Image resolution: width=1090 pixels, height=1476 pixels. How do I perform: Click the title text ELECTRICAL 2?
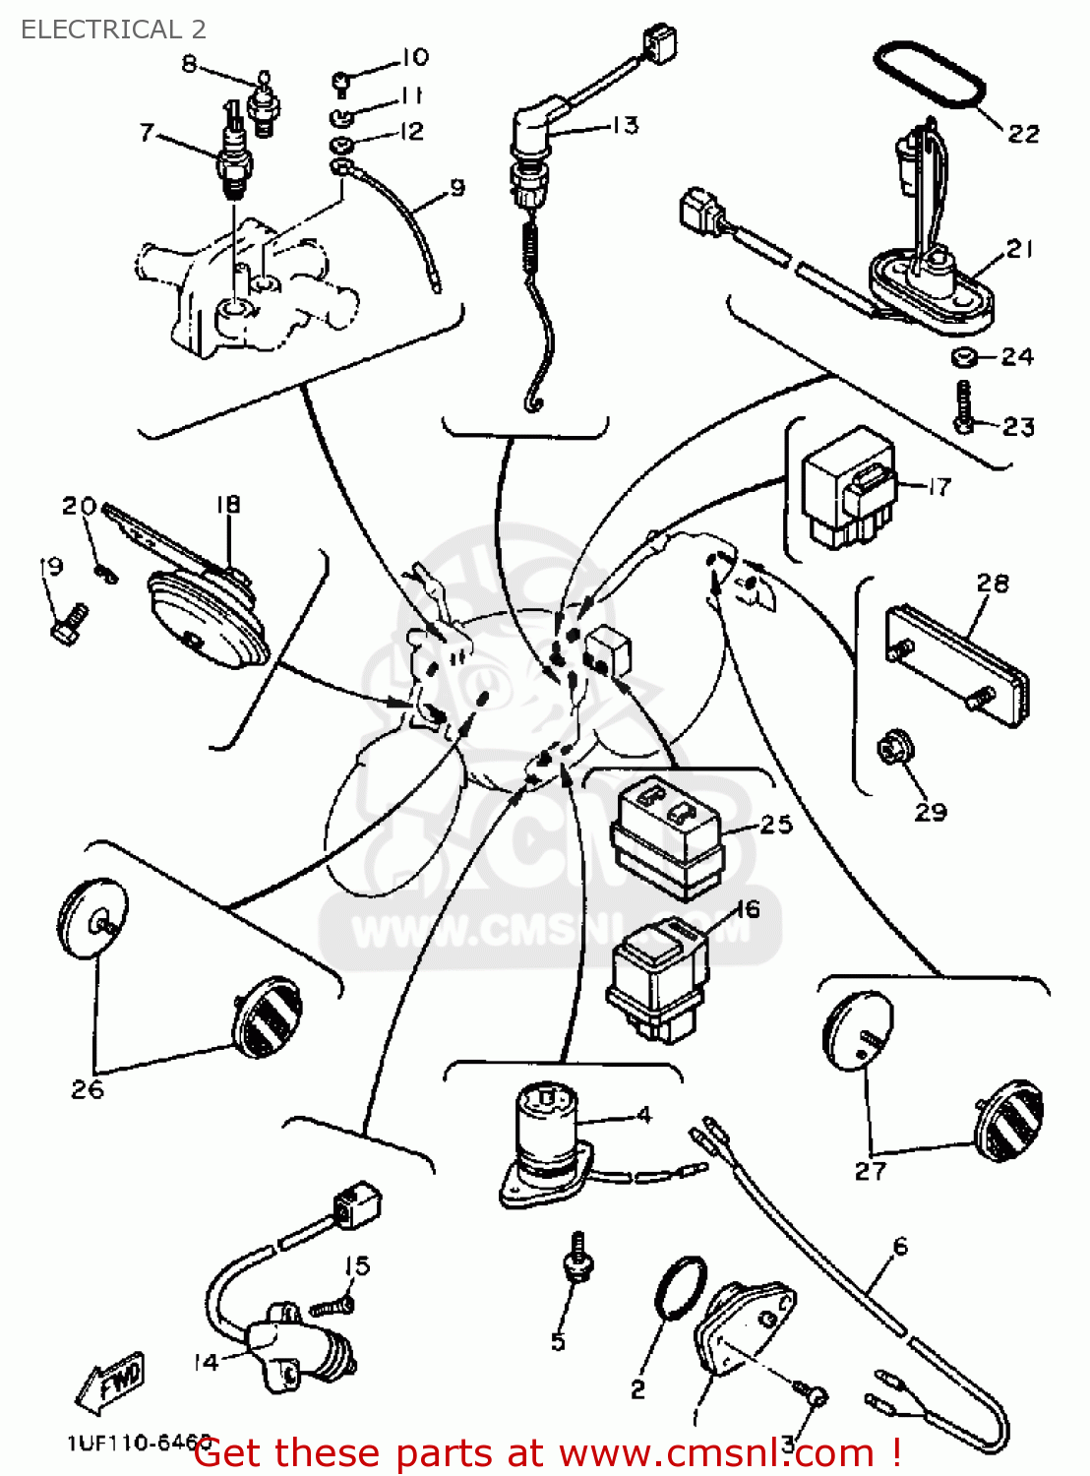tap(113, 30)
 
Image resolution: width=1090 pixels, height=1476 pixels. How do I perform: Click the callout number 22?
tap(1023, 134)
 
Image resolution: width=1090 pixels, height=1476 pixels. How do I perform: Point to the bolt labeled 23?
tap(964, 405)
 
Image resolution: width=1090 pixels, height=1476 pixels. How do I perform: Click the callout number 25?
tap(776, 825)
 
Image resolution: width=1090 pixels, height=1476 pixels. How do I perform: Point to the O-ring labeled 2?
tap(681, 1288)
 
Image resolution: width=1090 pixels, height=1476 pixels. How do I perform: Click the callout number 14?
tap(206, 1363)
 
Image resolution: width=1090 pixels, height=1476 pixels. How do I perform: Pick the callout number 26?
tap(87, 1089)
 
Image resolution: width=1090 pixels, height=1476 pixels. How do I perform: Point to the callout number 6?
tap(900, 1247)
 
